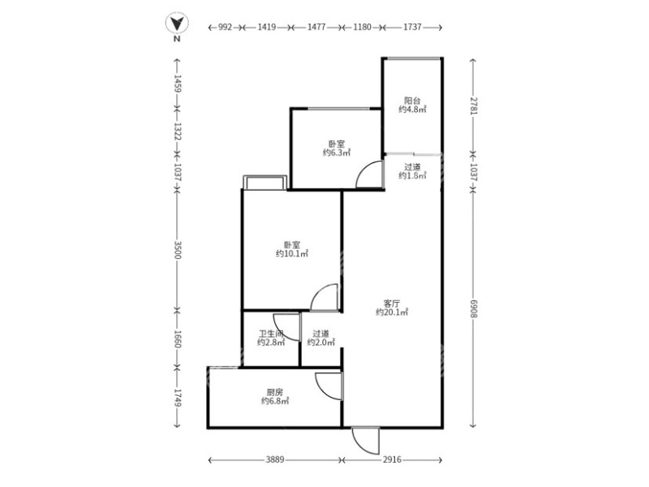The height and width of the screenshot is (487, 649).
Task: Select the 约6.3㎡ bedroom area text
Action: pos(336,152)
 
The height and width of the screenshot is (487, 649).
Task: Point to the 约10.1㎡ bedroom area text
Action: pos(292,253)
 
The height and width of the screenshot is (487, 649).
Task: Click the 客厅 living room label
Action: pos(391,301)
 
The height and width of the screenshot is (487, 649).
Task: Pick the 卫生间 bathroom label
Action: pos(270,333)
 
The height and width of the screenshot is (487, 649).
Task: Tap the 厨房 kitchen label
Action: pos(272,391)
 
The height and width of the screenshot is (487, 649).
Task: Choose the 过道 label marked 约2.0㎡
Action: pos(320,333)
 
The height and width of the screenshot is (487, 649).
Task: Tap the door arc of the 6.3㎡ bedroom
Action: pos(369,174)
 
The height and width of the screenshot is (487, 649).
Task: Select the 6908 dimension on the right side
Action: pos(473,308)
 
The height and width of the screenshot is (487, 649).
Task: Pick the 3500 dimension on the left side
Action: pos(176,249)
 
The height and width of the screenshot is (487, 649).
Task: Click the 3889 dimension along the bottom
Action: pos(275,461)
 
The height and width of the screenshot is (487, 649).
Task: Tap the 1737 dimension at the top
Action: pos(412,27)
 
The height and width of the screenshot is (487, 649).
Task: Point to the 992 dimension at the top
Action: pos(226,27)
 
